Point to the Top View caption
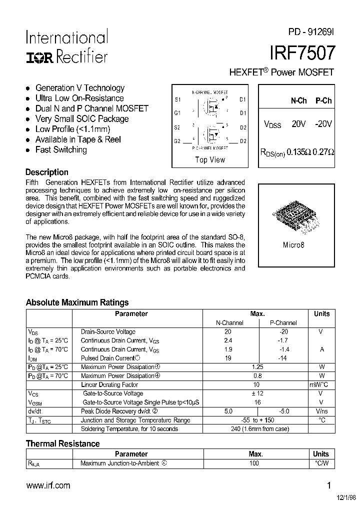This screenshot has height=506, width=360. tap(210, 160)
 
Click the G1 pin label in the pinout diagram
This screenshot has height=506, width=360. tap(177, 113)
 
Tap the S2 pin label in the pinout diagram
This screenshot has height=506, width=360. tap(177, 127)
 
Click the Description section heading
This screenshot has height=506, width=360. tap(47, 172)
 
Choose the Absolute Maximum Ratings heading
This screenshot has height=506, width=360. tap(77, 302)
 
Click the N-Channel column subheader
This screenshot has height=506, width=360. tap(229, 323)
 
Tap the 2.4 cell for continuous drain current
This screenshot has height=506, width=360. tap(228, 340)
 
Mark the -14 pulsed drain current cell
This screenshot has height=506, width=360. tap(283, 358)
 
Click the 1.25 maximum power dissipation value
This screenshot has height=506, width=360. tap(257, 367)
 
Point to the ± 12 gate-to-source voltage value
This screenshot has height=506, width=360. tap(257, 394)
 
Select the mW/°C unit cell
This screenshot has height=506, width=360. tap(321, 385)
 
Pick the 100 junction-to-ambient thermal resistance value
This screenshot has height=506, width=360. tap(254, 463)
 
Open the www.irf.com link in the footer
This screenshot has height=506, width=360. tap(48, 485)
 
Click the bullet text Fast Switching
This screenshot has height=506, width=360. tap(61, 150)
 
